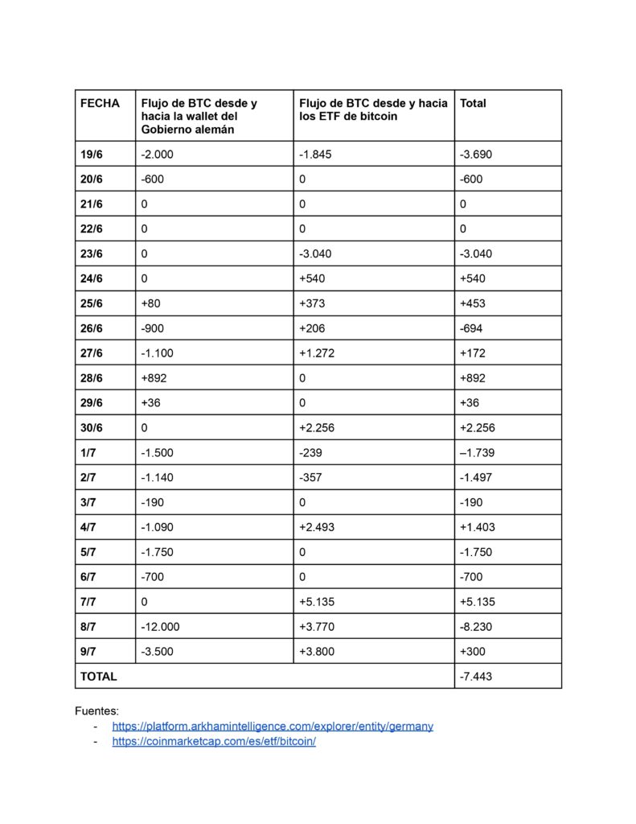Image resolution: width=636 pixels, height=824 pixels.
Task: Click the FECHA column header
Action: tap(100, 104)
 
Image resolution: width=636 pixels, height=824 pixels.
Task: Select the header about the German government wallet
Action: tap(199, 116)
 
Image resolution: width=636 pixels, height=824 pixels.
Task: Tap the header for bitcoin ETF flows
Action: tap(373, 109)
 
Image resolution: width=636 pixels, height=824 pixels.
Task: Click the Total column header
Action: tap(473, 104)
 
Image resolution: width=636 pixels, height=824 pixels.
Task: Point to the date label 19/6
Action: tap(92, 154)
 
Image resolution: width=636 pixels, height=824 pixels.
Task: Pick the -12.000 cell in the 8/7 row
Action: tap(161, 626)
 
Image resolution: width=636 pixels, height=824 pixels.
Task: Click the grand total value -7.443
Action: tap(477, 676)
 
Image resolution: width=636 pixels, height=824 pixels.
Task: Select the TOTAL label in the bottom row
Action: tap(98, 676)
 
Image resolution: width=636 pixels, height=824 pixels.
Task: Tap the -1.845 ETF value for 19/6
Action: tap(315, 154)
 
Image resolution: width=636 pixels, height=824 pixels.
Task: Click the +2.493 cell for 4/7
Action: tap(316, 527)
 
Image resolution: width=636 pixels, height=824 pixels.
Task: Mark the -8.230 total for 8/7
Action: tap(476, 626)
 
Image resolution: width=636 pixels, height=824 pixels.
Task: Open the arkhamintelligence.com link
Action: tap(273, 726)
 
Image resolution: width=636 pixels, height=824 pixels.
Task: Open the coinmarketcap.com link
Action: tap(214, 741)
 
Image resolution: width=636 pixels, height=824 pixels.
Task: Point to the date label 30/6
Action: tap(92, 427)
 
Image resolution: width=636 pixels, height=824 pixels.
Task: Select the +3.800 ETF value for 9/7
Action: tap(316, 651)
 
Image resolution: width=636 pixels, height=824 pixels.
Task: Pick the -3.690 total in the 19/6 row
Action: tap(476, 154)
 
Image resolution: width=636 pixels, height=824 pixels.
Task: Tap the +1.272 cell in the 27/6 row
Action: tap(316, 352)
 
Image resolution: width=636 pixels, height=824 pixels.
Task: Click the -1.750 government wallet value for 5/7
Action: tap(157, 552)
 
